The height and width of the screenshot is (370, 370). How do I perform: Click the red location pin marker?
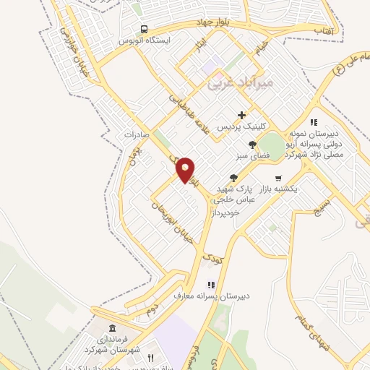click(186, 170)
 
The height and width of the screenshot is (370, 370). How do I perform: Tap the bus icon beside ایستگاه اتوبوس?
click(145, 30)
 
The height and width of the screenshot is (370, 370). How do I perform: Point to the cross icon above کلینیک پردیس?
click(241, 115)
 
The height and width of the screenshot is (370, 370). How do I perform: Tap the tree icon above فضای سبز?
click(251, 145)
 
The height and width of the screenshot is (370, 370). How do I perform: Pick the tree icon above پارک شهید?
click(233, 177)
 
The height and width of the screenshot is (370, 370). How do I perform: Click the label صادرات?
click(135, 134)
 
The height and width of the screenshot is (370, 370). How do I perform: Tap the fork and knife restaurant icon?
click(151, 357)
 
